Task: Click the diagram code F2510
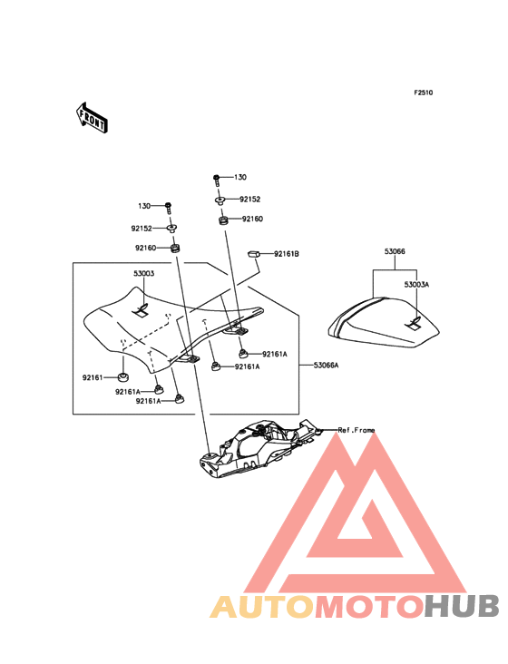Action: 424,93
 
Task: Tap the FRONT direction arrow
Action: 92,119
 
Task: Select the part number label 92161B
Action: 286,254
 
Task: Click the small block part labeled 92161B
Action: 252,254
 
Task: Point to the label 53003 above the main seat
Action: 144,274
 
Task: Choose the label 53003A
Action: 416,285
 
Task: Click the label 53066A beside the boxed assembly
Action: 326,365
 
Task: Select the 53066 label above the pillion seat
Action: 395,251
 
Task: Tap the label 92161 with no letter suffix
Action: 93,377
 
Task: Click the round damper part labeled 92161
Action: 123,376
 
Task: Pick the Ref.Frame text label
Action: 356,430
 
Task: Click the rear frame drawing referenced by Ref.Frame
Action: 259,449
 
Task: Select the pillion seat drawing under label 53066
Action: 384,323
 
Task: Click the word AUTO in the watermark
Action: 262,606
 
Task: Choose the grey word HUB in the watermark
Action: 463,606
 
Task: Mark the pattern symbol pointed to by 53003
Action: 142,311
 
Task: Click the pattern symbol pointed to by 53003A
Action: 415,323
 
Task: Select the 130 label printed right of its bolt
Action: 240,177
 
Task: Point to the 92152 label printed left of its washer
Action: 142,229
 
